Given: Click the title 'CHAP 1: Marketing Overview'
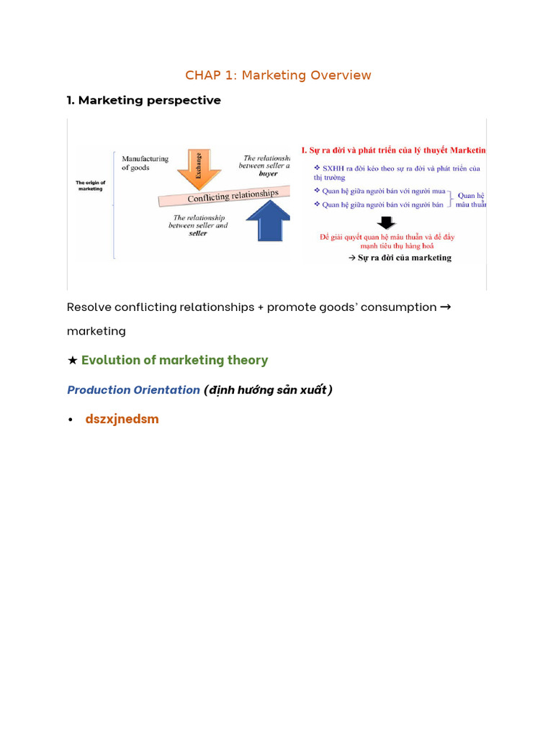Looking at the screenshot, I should click(x=278, y=75).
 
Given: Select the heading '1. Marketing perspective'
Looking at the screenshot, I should click(x=143, y=100).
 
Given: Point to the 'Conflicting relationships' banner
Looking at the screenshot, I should click(x=232, y=195).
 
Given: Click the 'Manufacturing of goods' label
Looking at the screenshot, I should click(x=145, y=163).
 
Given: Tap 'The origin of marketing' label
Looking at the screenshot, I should click(x=91, y=186).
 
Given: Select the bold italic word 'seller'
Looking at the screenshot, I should click(x=197, y=233).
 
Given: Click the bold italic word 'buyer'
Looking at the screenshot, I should click(x=268, y=173).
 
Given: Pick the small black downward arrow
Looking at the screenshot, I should click(x=386, y=222).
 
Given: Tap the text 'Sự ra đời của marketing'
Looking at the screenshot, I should click(x=404, y=257).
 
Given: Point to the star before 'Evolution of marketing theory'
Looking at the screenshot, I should click(x=72, y=360).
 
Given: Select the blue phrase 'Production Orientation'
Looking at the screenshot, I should click(x=133, y=390).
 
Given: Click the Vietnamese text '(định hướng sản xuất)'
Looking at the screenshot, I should click(x=268, y=390).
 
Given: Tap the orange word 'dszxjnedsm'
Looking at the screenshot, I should click(x=122, y=419).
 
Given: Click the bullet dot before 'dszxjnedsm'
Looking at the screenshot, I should click(x=71, y=420).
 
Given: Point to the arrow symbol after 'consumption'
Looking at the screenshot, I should click(x=445, y=307).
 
